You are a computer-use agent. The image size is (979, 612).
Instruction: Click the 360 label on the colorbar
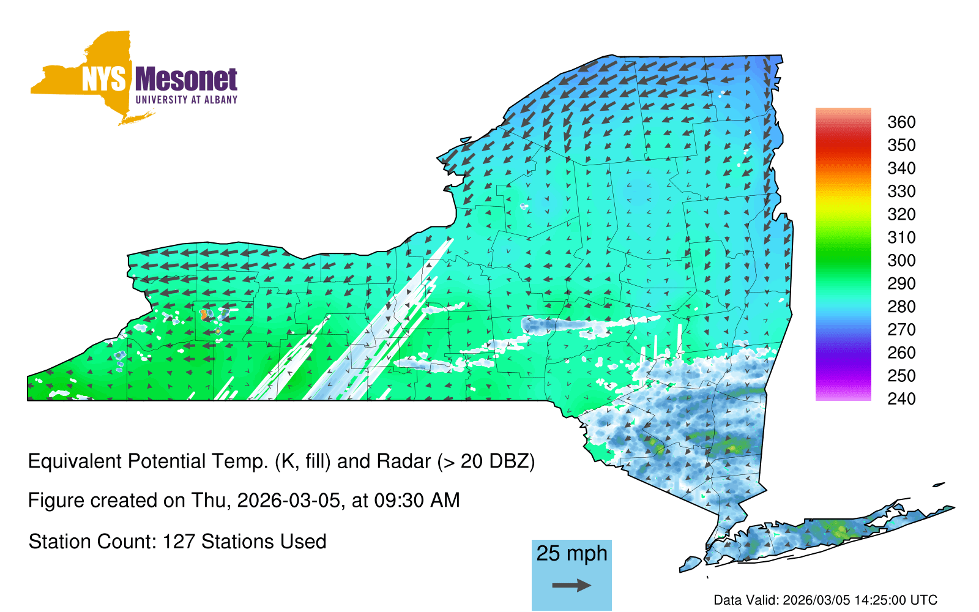pos(901,122)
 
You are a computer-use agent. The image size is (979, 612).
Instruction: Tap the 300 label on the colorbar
pos(901,261)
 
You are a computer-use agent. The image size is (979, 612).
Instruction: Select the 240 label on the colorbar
pos(901,399)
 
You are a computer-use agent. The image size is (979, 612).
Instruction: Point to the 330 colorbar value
pos(901,192)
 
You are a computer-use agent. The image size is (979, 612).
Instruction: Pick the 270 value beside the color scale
pos(901,330)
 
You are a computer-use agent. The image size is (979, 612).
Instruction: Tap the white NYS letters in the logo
pos(103,79)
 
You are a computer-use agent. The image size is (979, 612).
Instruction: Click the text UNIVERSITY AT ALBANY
pos(187,100)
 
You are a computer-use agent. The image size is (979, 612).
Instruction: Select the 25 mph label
pos(571,554)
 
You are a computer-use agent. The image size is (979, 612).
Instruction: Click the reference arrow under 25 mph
pos(571,585)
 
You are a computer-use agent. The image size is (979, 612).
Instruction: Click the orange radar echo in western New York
pos(204,315)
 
